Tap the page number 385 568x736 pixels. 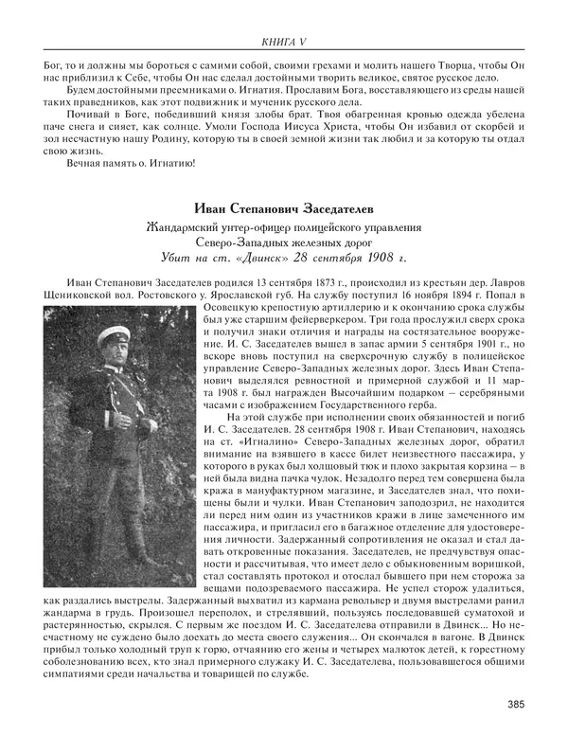click(x=516, y=703)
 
